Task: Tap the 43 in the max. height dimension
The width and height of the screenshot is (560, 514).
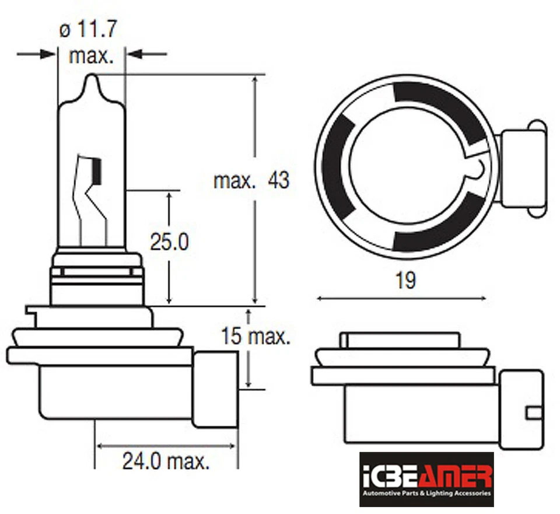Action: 278,180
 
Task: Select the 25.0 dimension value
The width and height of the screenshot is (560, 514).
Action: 169,242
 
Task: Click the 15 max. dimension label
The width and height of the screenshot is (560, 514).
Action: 255,336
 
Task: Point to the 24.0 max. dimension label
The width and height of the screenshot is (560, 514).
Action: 166,462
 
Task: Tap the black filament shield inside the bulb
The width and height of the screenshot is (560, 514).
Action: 97,170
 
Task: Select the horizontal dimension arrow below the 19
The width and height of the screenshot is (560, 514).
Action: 401,299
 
